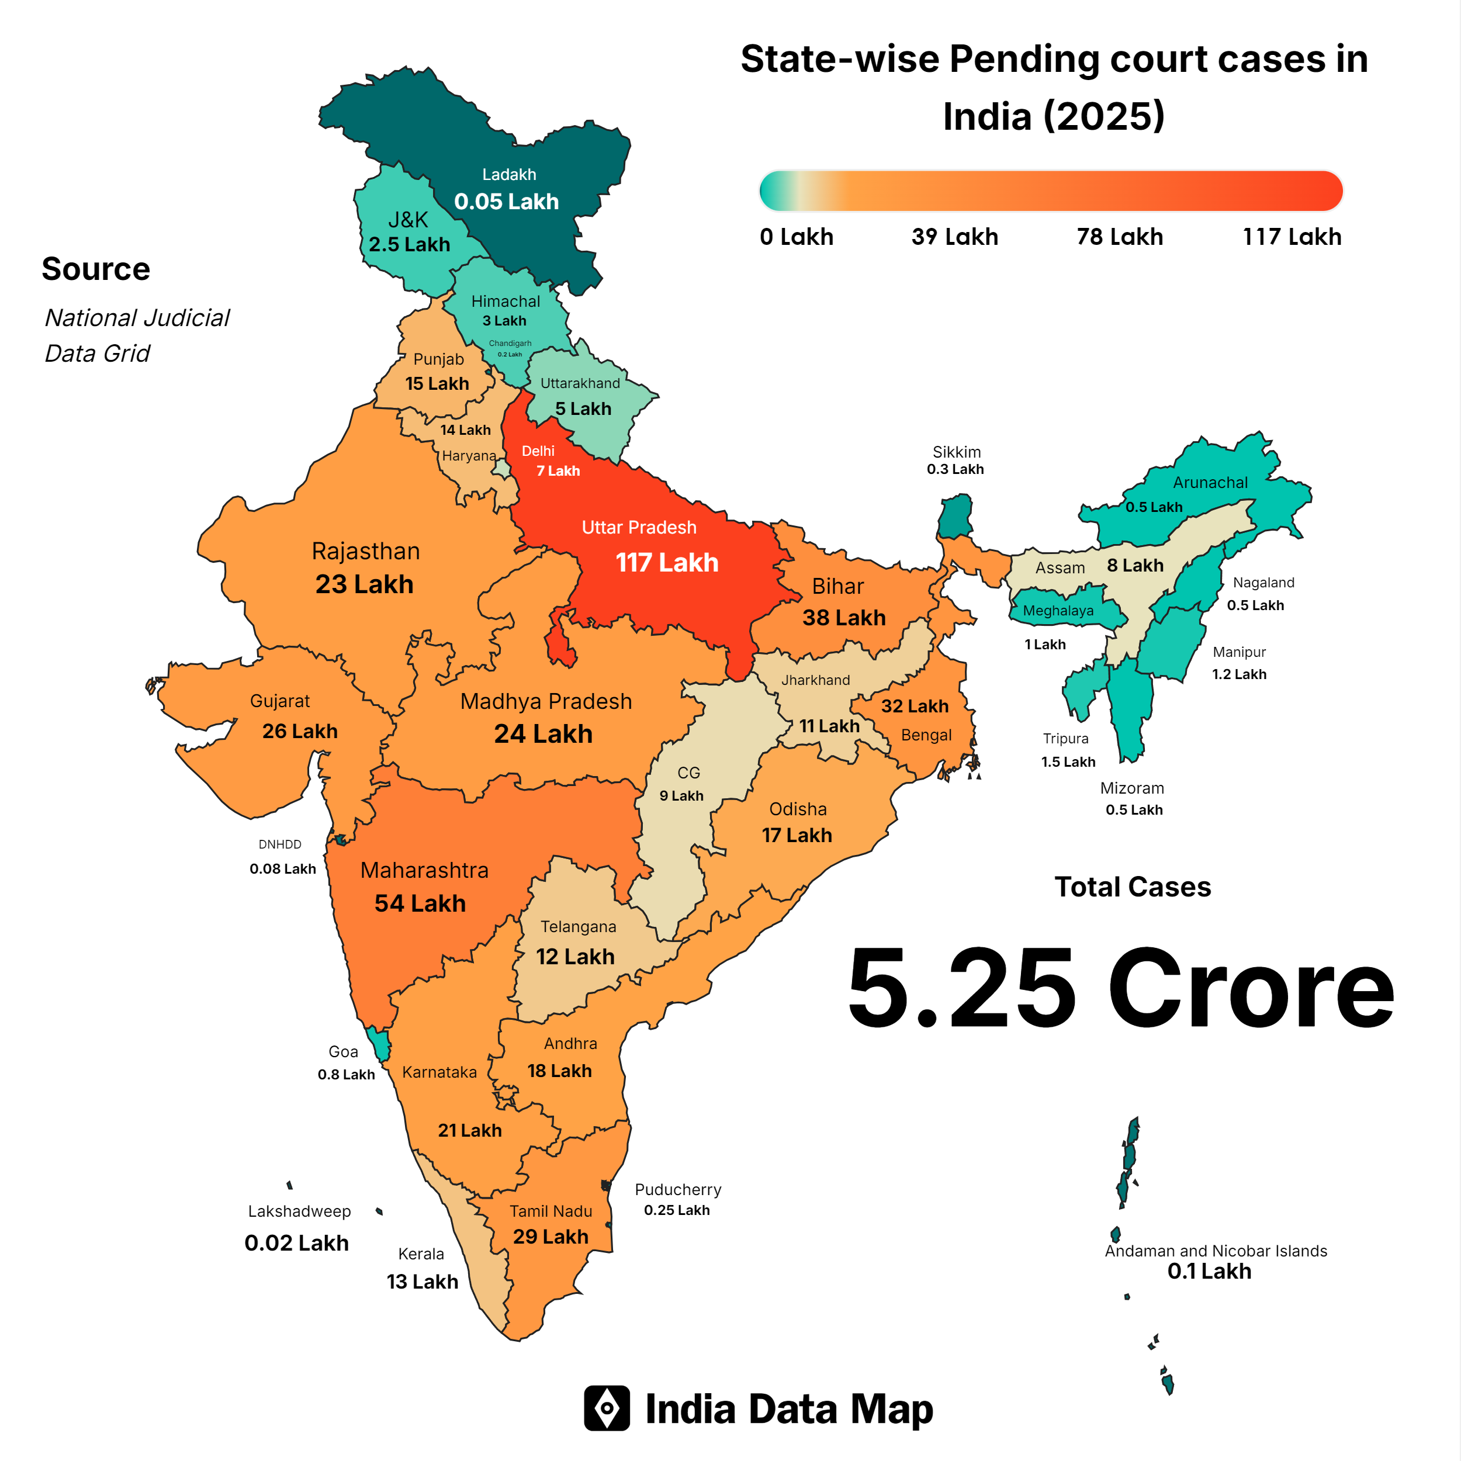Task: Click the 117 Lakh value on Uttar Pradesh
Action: pyautogui.click(x=666, y=563)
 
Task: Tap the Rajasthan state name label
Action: pyautogui.click(x=365, y=551)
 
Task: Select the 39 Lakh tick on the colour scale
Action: pyautogui.click(x=954, y=237)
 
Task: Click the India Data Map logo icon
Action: pyautogui.click(x=607, y=1408)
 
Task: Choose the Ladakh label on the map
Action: pyautogui.click(x=509, y=175)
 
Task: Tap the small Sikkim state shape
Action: pyautogui.click(x=956, y=517)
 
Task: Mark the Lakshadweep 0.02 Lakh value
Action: pyautogui.click(x=296, y=1243)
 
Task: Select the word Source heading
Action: pyautogui.click(x=96, y=269)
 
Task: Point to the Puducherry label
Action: pyautogui.click(x=677, y=1189)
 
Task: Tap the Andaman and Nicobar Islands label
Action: pyautogui.click(x=1215, y=1251)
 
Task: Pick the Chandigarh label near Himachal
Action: pyautogui.click(x=510, y=343)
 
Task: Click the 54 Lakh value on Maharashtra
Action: pyautogui.click(x=420, y=903)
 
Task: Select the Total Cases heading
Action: pyautogui.click(x=1132, y=887)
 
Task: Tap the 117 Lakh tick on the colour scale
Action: pyautogui.click(x=1292, y=237)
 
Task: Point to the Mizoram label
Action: pyautogui.click(x=1131, y=788)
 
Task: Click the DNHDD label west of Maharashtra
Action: pyautogui.click(x=280, y=844)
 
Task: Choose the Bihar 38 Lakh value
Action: pyautogui.click(x=843, y=618)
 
